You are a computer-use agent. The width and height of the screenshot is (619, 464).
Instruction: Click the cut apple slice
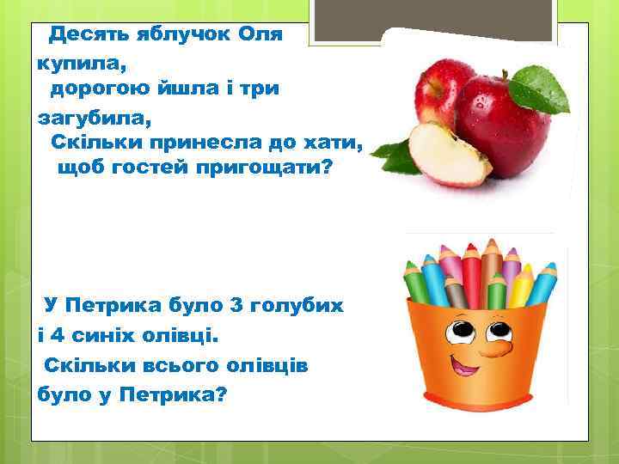tap(446, 151)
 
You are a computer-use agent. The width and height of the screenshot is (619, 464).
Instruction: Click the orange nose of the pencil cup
tap(498, 347)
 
